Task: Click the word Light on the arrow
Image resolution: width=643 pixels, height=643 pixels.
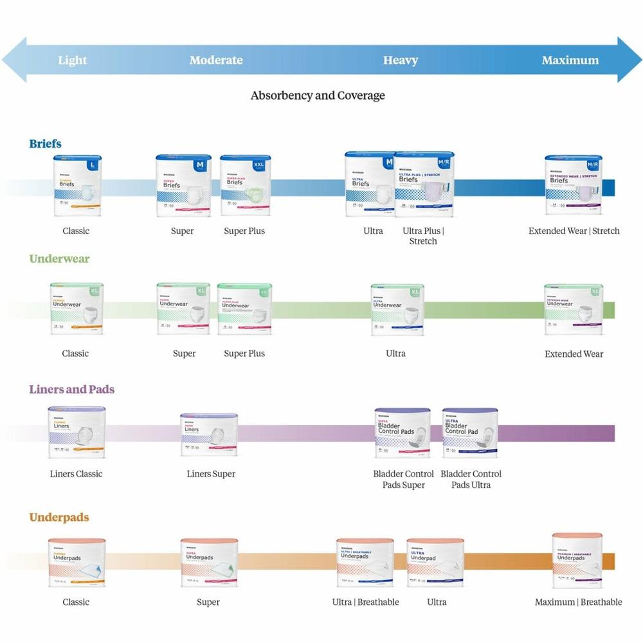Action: pos(72,60)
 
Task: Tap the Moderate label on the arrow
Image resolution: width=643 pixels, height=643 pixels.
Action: pos(216,60)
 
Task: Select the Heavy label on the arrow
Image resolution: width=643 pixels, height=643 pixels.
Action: pos(400,60)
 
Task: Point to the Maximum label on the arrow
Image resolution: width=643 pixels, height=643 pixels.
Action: pos(570,60)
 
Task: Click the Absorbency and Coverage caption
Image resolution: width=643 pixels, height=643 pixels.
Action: pos(318,96)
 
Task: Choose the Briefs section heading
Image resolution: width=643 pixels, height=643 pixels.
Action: pos(45,143)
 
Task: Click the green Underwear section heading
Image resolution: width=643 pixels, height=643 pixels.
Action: pos(59,258)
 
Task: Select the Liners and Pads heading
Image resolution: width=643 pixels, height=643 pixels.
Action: pos(71,389)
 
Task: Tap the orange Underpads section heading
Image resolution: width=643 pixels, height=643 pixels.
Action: pos(59,517)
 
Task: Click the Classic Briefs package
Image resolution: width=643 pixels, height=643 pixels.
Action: pos(77,185)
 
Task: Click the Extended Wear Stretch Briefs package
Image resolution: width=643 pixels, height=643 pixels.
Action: pos(573,185)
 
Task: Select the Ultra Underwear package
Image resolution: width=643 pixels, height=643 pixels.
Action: pos(397,309)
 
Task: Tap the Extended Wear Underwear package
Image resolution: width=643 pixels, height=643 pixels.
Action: pos(573,309)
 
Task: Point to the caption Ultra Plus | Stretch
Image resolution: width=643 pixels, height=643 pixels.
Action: pos(422,236)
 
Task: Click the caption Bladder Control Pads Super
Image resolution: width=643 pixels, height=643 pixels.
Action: pos(403,479)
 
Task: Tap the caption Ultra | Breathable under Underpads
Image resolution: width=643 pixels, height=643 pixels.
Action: pos(365,602)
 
